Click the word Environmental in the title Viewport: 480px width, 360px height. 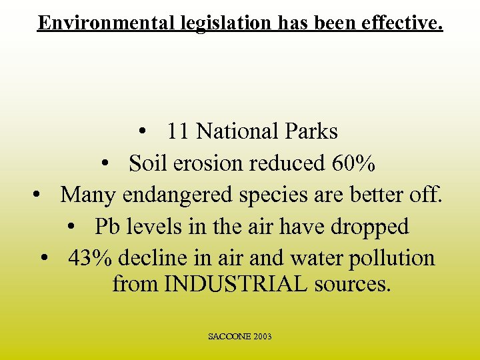tap(106, 23)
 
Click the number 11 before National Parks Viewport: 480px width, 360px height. tap(177, 131)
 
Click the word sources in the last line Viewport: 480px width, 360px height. tap(353, 285)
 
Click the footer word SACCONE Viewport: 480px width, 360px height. tap(229, 337)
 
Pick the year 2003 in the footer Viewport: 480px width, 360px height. tap(262, 337)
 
